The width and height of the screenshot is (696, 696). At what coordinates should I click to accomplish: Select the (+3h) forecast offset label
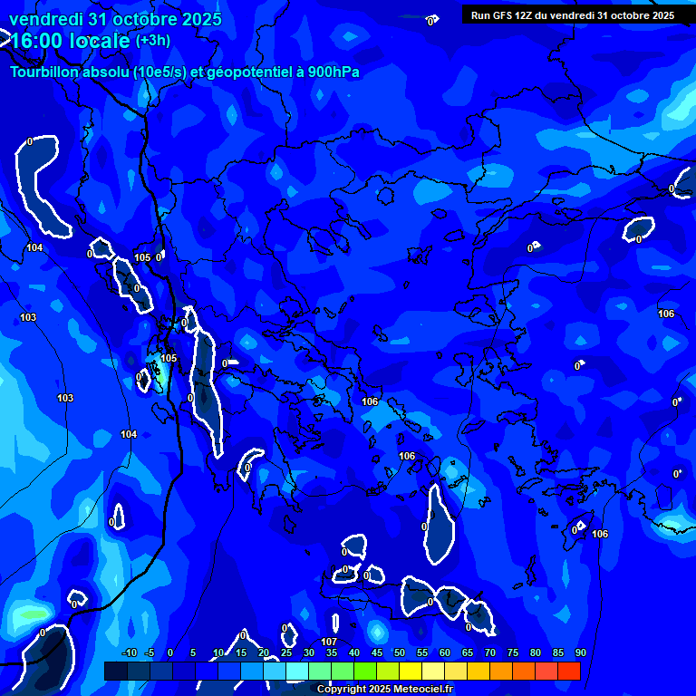coord(153,41)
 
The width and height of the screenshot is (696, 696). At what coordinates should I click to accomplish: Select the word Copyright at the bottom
coord(341,690)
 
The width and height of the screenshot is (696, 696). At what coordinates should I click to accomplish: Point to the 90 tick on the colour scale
coord(580,652)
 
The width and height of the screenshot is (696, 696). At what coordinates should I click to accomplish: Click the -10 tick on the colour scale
coord(129,652)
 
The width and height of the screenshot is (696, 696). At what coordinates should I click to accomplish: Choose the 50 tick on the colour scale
coord(399,652)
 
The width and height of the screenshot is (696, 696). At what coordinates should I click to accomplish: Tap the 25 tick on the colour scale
coord(285,652)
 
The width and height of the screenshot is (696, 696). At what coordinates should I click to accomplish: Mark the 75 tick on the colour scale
coord(512,652)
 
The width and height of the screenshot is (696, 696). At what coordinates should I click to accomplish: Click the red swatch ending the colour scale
coord(568,671)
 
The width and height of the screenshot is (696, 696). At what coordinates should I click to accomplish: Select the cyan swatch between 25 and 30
coord(296,671)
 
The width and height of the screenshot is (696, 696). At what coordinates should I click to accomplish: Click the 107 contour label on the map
coord(329,643)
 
